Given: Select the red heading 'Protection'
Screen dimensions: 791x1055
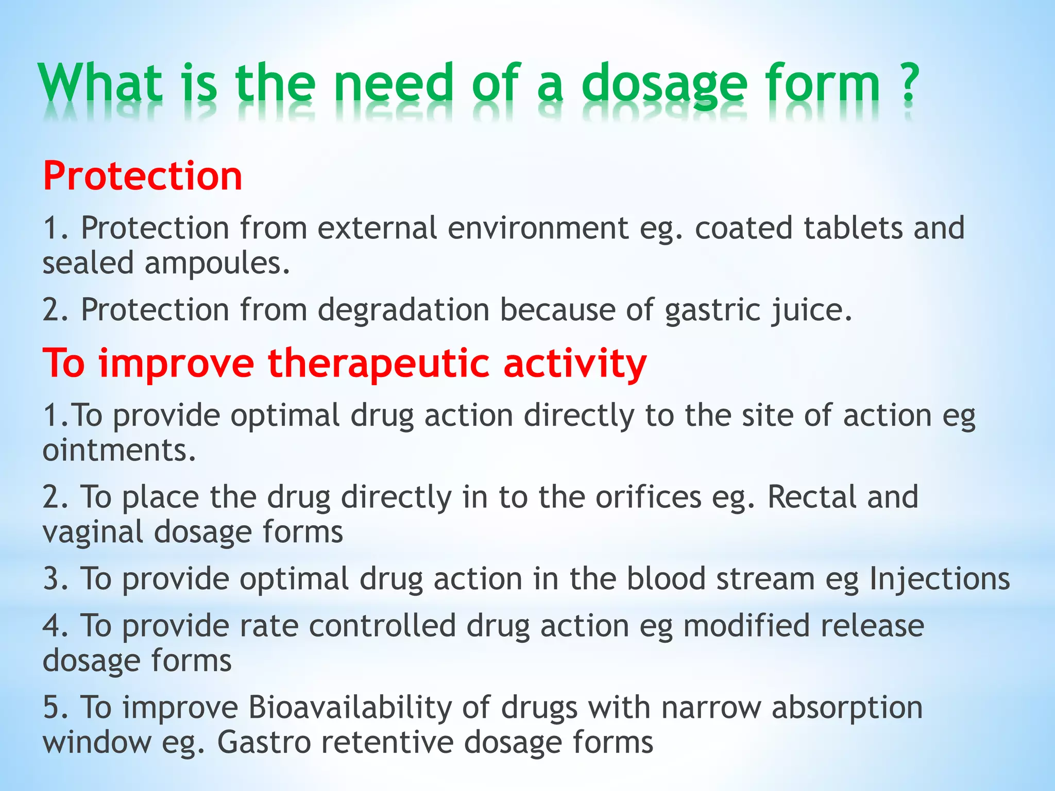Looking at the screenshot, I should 143,176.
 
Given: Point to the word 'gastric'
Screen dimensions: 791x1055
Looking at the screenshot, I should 713,310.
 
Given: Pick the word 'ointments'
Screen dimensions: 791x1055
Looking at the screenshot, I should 119,451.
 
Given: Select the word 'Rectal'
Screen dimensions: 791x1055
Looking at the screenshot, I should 812,497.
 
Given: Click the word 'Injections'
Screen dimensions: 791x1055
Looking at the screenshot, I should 940,579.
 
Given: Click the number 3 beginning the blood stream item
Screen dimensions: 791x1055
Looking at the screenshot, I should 52,579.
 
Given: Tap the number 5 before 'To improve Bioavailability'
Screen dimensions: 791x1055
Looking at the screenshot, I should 52,708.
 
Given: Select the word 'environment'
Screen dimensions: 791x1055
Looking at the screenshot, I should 538,228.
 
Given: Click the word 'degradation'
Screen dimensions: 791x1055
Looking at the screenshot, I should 403,310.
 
